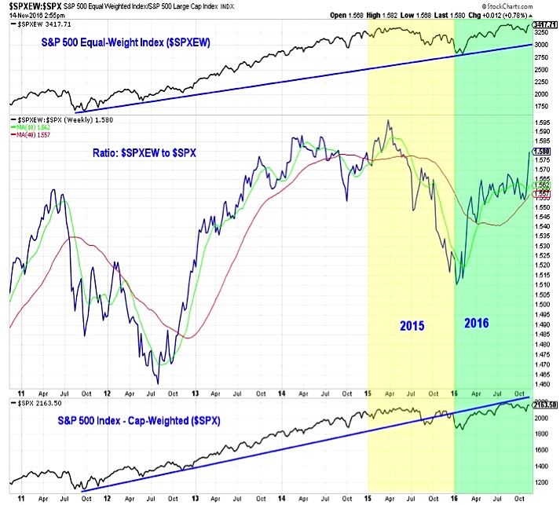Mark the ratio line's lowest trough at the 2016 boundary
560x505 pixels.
[x=456, y=280]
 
